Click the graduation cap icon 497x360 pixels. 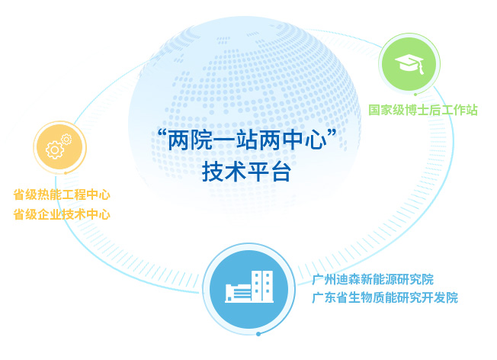[x=409, y=64]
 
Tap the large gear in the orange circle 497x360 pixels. [x=55, y=150]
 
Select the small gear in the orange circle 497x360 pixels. [x=66, y=140]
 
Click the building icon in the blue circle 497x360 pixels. [x=249, y=287]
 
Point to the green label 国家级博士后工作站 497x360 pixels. [x=423, y=110]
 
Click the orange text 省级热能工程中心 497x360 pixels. [x=62, y=194]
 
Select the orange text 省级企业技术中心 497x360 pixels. [x=62, y=214]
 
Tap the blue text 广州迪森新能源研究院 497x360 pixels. [x=373, y=280]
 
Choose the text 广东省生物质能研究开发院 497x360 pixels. [x=385, y=297]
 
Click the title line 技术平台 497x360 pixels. [x=247, y=172]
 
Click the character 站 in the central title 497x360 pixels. [x=247, y=140]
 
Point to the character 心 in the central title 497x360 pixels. [x=316, y=140]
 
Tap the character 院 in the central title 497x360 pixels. [x=201, y=140]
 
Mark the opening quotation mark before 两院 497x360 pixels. [x=162, y=133]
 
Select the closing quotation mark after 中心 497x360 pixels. [x=332, y=133]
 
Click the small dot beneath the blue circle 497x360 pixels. [x=258, y=334]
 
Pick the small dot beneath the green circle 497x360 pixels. [x=415, y=95]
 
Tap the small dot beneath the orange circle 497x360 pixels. [x=66, y=173]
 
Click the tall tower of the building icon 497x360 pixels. [x=262, y=286]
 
